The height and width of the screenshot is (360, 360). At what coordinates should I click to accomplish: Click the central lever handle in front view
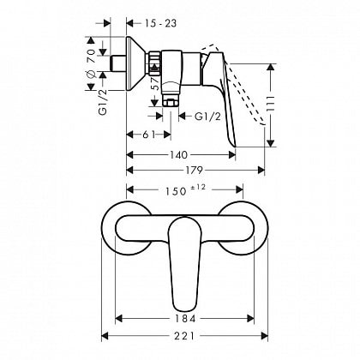(x=181, y=261)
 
